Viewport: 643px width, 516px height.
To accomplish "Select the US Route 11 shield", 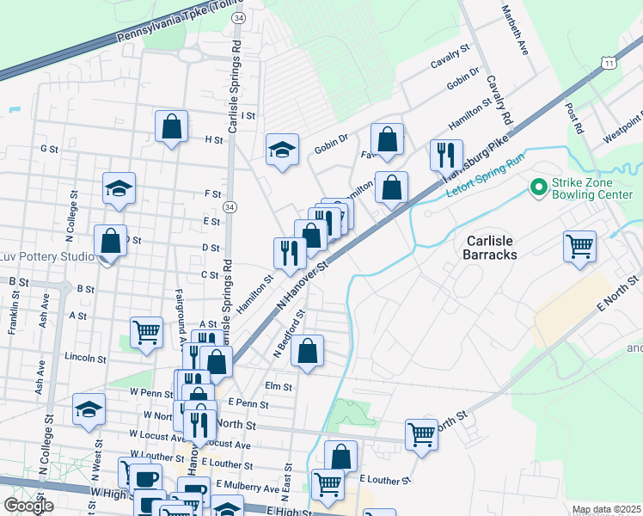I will [x=609, y=64].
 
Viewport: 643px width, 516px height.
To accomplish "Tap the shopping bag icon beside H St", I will [x=172, y=126].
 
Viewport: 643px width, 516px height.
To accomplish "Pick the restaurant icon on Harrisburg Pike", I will [x=444, y=155].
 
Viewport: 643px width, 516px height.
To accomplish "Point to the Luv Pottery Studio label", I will [x=46, y=257].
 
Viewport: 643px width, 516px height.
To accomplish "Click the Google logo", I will [x=28, y=505].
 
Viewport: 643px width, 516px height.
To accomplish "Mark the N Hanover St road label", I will [x=303, y=287].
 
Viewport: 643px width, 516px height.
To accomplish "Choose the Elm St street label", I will [x=279, y=387].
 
